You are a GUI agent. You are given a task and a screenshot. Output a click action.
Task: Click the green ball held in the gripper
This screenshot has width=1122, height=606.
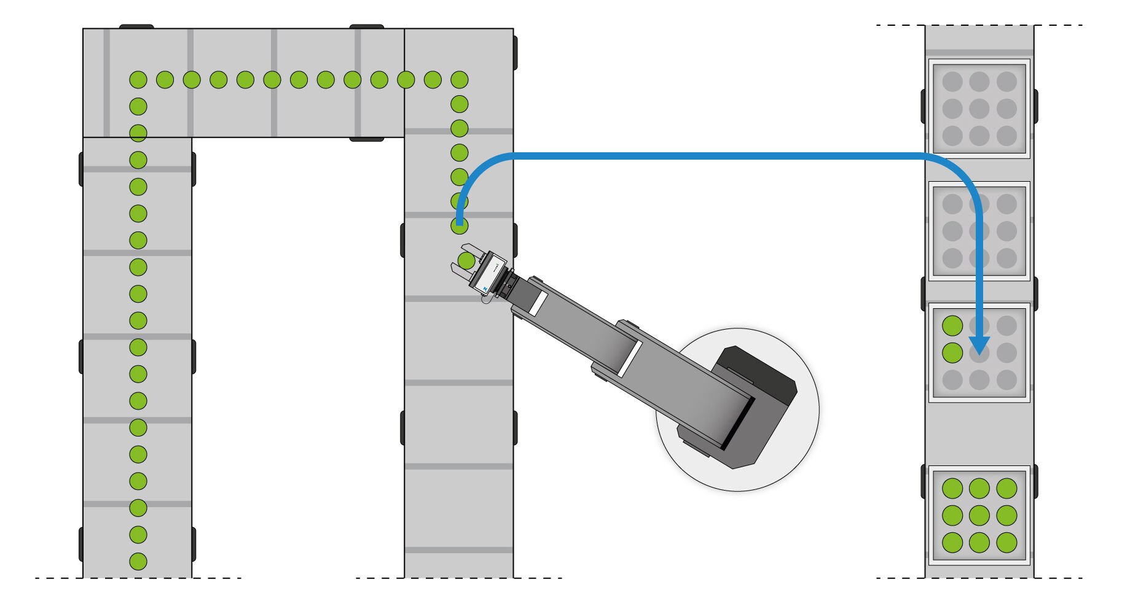point(466,261)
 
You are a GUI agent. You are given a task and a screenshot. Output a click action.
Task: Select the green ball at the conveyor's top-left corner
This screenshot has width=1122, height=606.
point(138,80)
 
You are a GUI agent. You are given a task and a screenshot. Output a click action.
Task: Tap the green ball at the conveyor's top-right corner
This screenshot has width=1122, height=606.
point(459,80)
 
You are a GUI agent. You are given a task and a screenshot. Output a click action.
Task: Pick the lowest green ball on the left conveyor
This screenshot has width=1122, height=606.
point(138,561)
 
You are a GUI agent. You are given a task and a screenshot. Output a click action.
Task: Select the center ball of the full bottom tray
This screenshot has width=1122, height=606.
point(979,516)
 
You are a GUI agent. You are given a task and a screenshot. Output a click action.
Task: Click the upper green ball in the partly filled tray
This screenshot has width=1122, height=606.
point(952,326)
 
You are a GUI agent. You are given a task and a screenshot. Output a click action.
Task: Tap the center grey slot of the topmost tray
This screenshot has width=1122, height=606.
point(979,109)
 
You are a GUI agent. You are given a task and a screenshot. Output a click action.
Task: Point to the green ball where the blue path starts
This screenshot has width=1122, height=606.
point(459,226)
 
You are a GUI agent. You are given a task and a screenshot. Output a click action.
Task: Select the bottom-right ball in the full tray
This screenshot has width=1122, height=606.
point(1006,543)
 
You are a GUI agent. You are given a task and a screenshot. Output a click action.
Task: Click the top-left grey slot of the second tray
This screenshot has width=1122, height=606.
point(952,204)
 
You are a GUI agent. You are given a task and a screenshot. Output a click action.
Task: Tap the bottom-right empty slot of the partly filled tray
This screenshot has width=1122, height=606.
point(1006,380)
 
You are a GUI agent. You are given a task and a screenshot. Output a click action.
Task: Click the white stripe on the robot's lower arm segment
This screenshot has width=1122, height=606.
point(630,359)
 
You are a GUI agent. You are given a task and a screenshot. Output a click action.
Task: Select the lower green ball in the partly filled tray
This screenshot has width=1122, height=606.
point(952,353)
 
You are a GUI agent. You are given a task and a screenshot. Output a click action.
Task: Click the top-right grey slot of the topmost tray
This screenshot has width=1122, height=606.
point(1006,82)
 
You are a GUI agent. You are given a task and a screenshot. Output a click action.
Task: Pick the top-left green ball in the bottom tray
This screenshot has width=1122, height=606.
point(952,489)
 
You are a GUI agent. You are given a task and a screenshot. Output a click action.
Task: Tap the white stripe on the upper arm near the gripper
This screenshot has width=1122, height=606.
point(538,304)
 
